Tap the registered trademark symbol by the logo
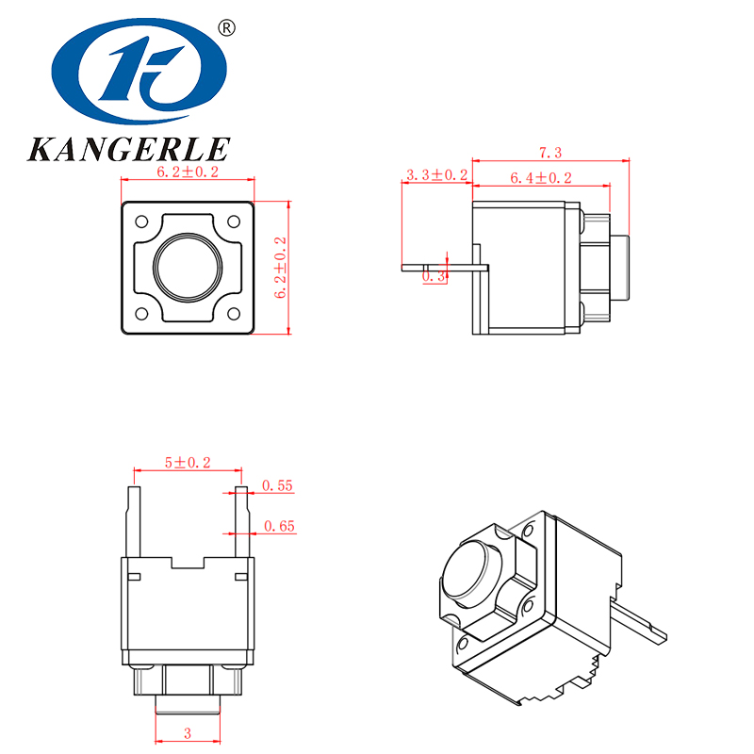tap(226, 27)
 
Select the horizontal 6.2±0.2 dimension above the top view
tap(187, 172)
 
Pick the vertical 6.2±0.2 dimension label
tap(280, 268)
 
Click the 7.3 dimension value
tap(550, 153)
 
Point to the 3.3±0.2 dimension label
tap(435, 175)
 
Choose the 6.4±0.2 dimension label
tap(540, 177)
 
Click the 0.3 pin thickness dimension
tap(434, 276)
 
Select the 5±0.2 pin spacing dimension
tap(188, 462)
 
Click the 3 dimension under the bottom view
tap(187, 732)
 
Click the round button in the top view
tap(188, 268)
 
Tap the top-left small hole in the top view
tap(142, 222)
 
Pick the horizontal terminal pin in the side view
tap(443, 267)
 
